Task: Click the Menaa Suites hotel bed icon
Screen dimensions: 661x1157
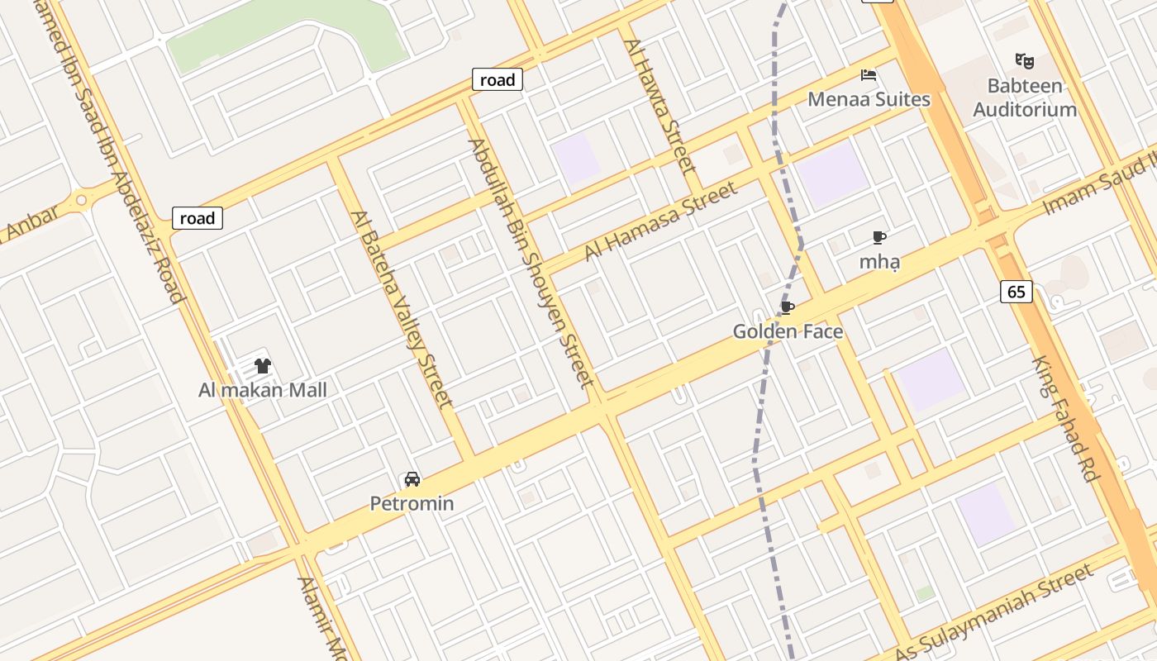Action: click(x=869, y=75)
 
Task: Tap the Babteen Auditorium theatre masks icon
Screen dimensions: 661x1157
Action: click(x=1025, y=60)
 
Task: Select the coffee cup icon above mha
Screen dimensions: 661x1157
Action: click(x=879, y=238)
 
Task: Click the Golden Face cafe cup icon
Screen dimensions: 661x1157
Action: click(x=788, y=308)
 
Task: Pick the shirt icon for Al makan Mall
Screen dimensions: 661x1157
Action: click(x=263, y=366)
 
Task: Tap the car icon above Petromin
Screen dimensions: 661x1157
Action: click(x=412, y=479)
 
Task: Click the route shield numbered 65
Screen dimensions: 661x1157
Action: click(x=1016, y=292)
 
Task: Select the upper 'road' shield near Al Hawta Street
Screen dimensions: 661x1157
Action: click(x=497, y=79)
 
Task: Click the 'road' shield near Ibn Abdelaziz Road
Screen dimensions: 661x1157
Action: click(x=197, y=218)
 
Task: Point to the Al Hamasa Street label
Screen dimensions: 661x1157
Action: click(x=660, y=221)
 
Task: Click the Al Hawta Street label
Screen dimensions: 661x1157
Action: click(x=659, y=106)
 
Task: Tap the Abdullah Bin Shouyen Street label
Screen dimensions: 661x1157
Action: click(x=531, y=263)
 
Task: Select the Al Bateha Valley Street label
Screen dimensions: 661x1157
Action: click(x=402, y=309)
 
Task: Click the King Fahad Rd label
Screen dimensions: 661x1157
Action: click(x=1066, y=419)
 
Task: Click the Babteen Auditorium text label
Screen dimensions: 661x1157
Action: click(x=1025, y=97)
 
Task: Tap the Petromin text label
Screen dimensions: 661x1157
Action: click(x=412, y=503)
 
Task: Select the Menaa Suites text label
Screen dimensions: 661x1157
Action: click(x=869, y=100)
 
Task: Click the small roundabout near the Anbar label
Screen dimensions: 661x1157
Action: click(x=81, y=200)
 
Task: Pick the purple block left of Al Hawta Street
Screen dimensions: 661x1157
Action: click(x=576, y=158)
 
